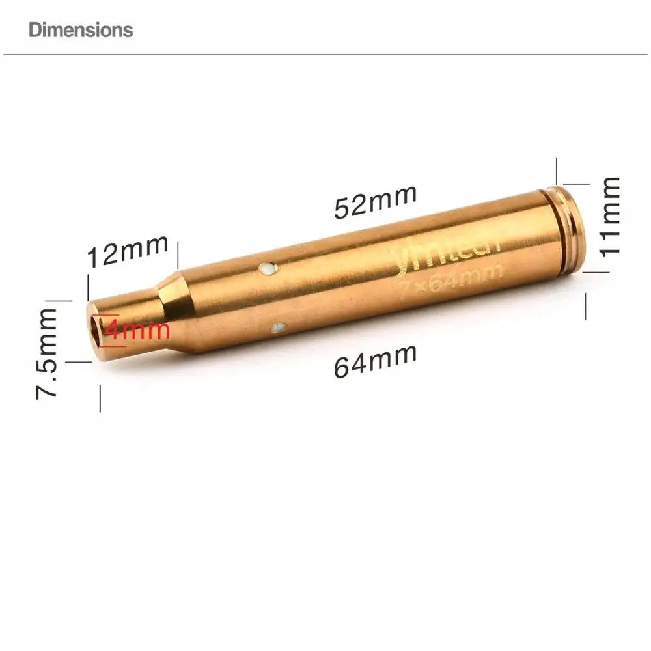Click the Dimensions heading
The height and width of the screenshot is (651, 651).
coord(81,30)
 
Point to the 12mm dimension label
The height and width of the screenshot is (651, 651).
coord(128,251)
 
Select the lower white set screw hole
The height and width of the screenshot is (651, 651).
coord(279,327)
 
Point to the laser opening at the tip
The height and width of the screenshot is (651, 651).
coord(98,328)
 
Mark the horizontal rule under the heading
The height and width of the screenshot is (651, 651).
coord(325,55)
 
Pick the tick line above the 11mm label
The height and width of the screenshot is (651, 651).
coord(557,171)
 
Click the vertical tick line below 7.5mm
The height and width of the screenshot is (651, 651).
coord(100,398)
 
